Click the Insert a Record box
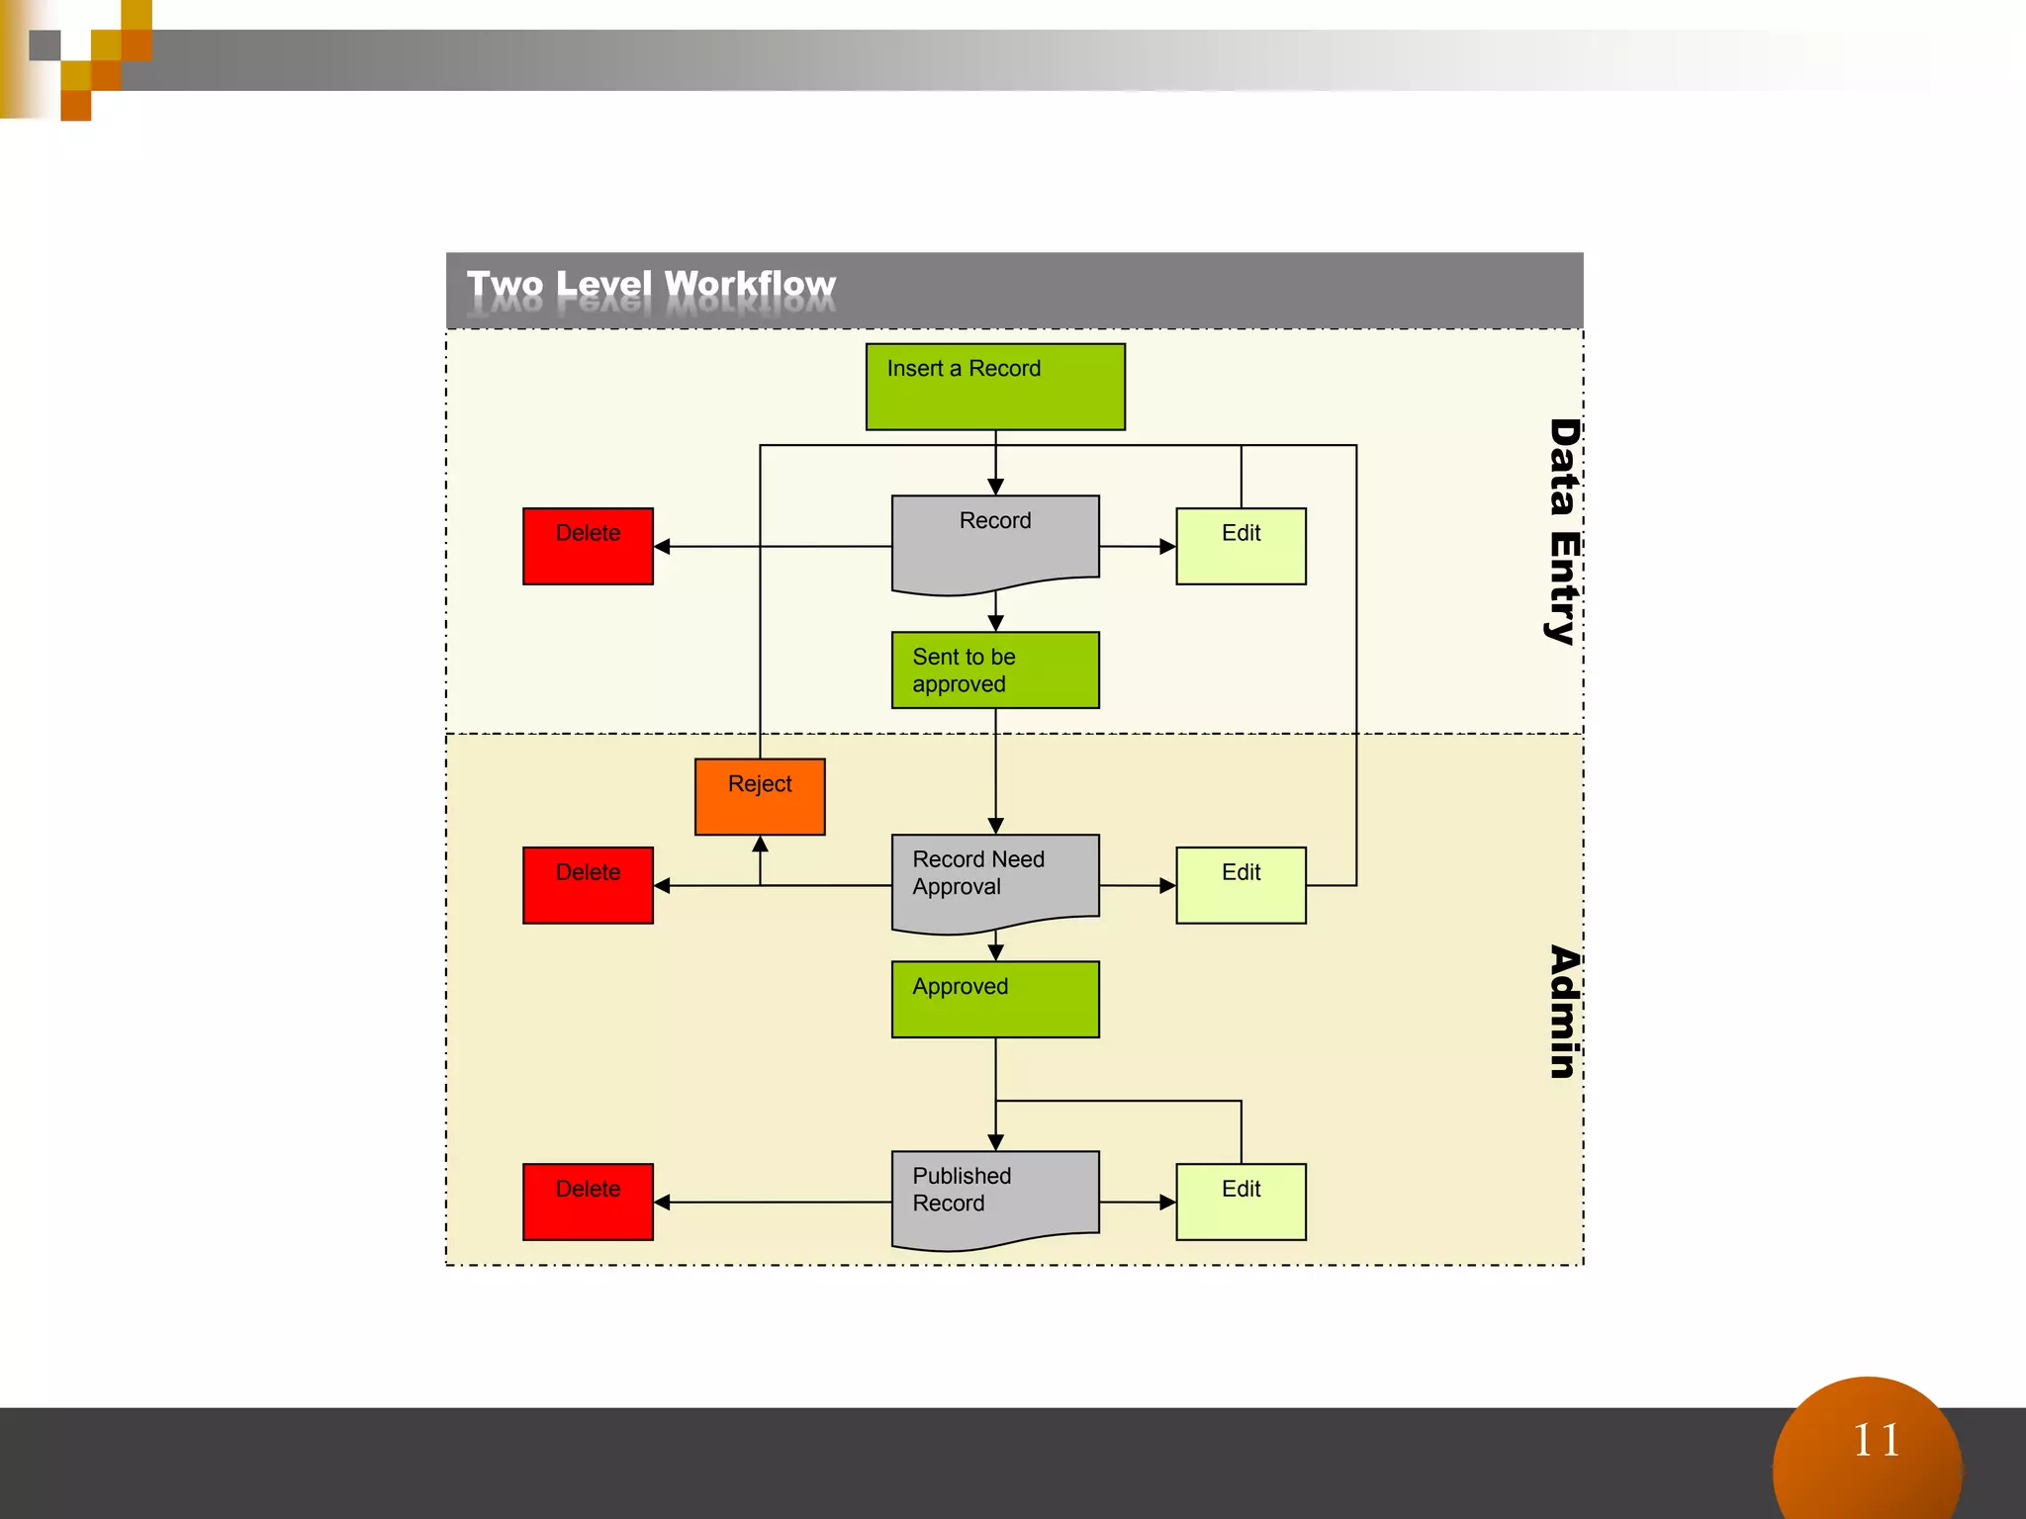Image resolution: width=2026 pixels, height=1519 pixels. pos(995,387)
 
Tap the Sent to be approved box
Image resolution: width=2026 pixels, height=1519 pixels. pos(995,670)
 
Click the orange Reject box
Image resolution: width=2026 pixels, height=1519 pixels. pos(760,797)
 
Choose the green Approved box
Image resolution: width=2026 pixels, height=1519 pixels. pos(995,1000)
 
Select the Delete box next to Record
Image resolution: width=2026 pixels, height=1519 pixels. pos(588,547)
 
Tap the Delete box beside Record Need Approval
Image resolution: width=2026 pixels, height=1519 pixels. pos(588,886)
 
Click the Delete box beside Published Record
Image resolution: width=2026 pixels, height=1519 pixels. pos(588,1203)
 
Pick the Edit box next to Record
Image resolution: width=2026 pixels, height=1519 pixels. pos(1241,547)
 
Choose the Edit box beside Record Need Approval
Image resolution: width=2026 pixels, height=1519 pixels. pos(1241,886)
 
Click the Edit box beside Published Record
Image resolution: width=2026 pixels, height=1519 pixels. pos(1241,1203)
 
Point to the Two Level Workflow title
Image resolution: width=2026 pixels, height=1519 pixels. pos(651,285)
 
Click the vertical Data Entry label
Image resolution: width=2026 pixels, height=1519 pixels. pos(1563,532)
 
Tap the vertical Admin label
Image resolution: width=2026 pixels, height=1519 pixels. pos(1563,1012)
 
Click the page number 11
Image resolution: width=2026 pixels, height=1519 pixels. pos(1876,1441)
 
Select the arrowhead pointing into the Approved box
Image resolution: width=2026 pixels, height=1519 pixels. pos(996,952)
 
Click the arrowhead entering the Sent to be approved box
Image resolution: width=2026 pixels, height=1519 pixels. pos(996,623)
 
